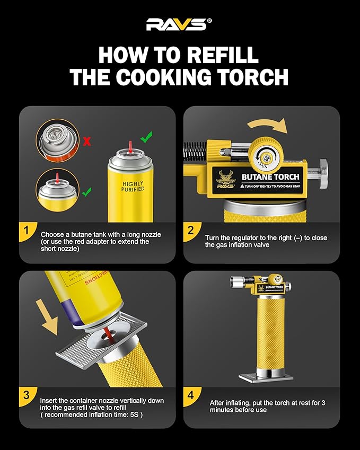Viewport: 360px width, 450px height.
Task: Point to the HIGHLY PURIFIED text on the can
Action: [x=133, y=186]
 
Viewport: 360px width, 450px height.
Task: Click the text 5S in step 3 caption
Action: [x=135, y=415]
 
